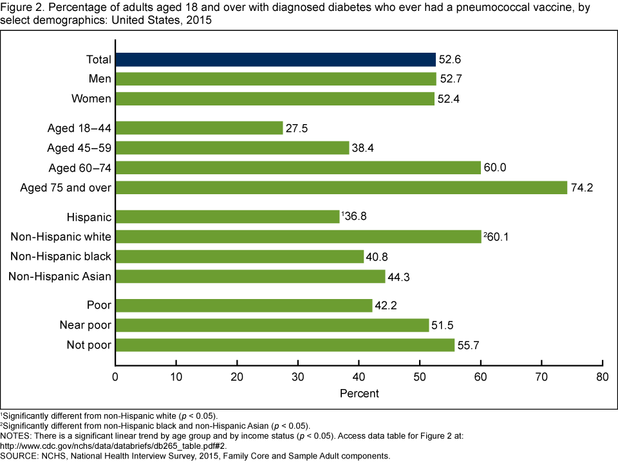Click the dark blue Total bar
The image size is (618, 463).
(276, 59)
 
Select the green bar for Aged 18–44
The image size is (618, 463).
(199, 128)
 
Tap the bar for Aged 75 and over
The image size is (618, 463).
(341, 187)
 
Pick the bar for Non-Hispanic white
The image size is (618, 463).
(298, 237)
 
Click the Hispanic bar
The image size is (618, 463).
(227, 217)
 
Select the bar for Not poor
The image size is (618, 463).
(285, 345)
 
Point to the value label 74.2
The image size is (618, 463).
(581, 187)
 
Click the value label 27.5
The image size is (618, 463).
(297, 128)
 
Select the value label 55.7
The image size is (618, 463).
(469, 345)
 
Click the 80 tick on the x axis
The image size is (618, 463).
(602, 376)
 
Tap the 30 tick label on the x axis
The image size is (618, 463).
(298, 376)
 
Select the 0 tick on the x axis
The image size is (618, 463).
(115, 376)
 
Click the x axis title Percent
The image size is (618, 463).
(359, 392)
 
